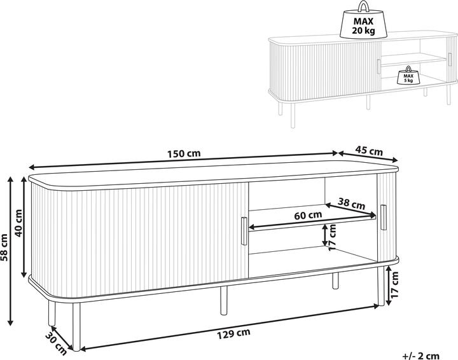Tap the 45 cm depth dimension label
coord(368,152)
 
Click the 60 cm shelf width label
coord(308,215)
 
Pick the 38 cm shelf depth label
coord(351,205)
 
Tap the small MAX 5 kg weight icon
coord(405,76)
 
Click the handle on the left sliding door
coord(242,230)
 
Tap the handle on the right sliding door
coord(383,218)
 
